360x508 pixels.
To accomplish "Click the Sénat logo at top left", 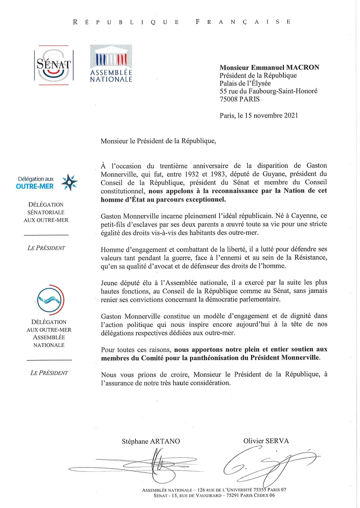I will pyautogui.click(x=54, y=64).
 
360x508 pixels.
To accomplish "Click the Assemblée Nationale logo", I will pyautogui.click(x=111, y=64).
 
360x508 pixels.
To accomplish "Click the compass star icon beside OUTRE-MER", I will pyautogui.click(x=69, y=183).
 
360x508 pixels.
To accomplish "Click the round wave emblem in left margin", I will pyautogui.click(x=49, y=299).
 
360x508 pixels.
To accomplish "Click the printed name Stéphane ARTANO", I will pyautogui.click(x=151, y=441).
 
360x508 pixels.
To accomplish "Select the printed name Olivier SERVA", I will pyautogui.click(x=266, y=441).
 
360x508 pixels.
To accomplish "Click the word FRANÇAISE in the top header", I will pyautogui.click(x=243, y=21).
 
